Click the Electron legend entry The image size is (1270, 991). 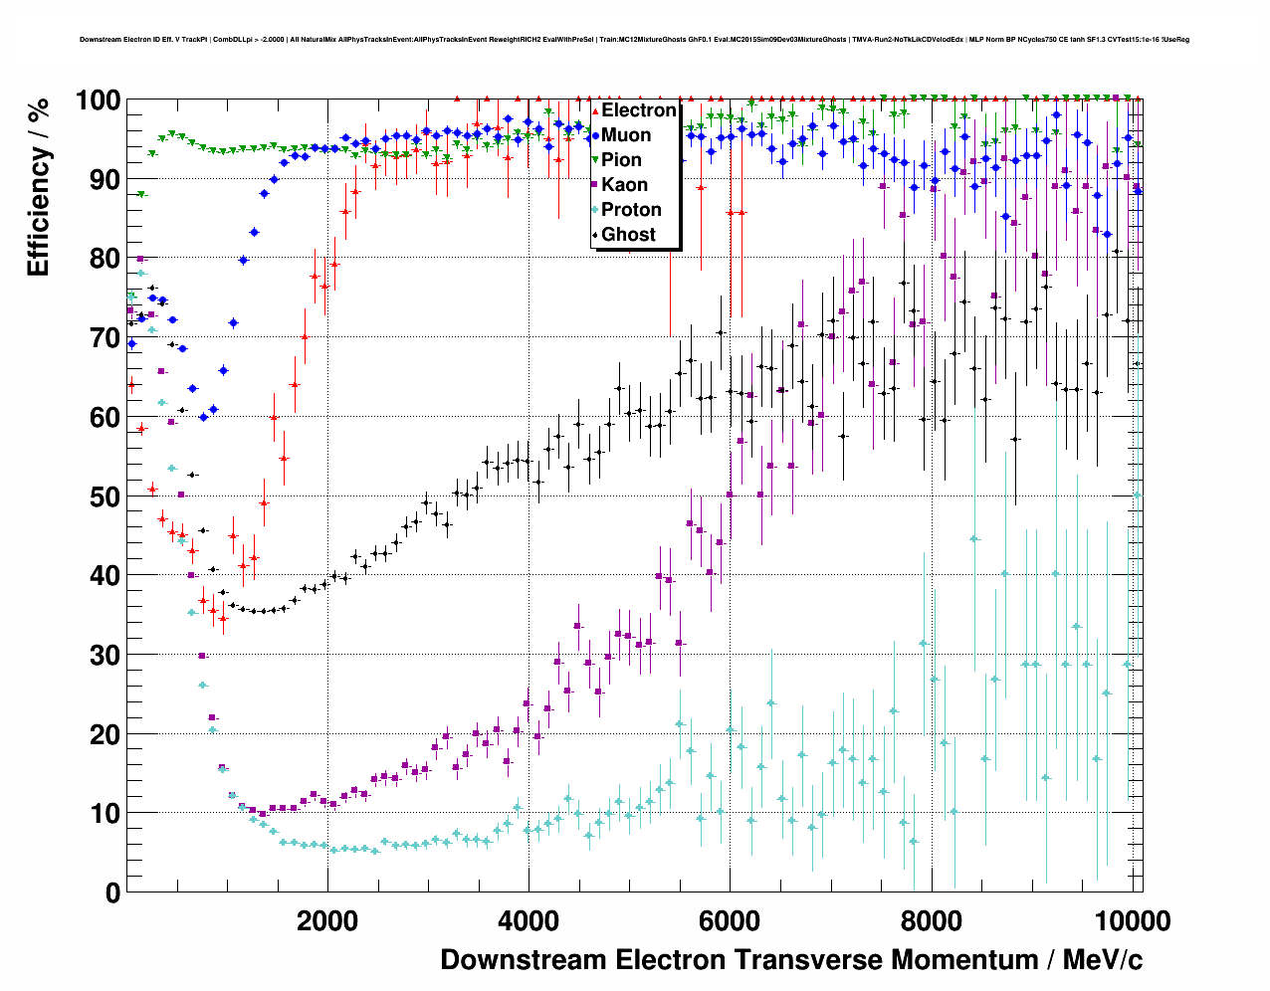pos(638,110)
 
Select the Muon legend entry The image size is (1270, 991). pos(626,135)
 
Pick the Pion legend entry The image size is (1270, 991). pos(621,160)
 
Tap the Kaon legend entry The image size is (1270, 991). pos(624,185)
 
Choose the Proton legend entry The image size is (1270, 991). pos(631,210)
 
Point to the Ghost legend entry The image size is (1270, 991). pos(628,235)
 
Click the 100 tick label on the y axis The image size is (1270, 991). pos(98,100)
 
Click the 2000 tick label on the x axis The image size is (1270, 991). pos(327,920)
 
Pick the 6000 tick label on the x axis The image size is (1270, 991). pos(730,920)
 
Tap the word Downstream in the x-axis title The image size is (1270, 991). pos(524,960)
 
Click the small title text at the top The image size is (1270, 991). pos(634,40)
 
